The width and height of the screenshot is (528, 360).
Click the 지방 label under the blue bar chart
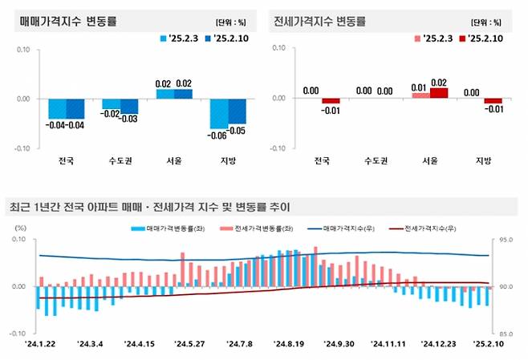[x=228, y=161]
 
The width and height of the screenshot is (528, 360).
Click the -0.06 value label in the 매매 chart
[x=218, y=135]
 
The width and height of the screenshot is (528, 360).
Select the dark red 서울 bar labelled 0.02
[x=439, y=92]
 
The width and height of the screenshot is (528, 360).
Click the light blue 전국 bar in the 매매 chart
[x=57, y=108]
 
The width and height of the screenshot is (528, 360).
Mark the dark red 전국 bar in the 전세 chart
[x=331, y=101]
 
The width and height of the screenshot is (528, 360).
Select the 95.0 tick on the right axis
[x=506, y=240]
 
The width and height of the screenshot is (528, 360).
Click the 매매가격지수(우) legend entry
[x=347, y=229]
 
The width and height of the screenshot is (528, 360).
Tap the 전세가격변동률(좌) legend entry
[x=260, y=229]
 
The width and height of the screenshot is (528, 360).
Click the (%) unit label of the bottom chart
[x=22, y=228]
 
